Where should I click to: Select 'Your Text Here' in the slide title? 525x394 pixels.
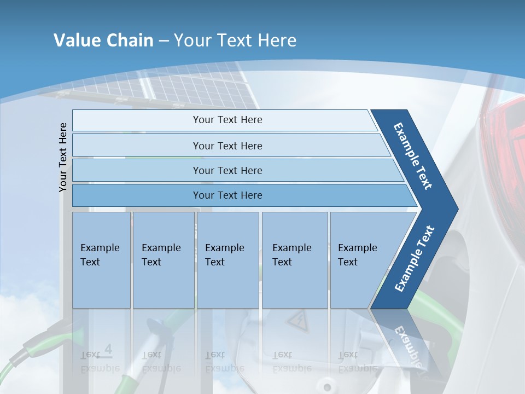coord(235,40)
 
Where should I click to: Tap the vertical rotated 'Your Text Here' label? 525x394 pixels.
coord(63,157)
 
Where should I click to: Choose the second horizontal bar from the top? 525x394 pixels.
coord(227,146)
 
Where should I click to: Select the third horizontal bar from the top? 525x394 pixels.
coord(227,170)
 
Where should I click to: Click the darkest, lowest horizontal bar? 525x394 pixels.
coord(227,195)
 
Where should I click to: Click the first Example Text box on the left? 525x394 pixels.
coord(101,260)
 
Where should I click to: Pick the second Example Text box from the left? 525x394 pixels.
coord(163,260)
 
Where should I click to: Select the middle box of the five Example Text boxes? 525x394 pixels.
coord(227,260)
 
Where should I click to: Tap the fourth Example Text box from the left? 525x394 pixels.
coord(295,260)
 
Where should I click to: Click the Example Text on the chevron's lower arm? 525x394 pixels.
coord(415,258)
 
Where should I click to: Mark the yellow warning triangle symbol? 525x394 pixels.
coord(298,322)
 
